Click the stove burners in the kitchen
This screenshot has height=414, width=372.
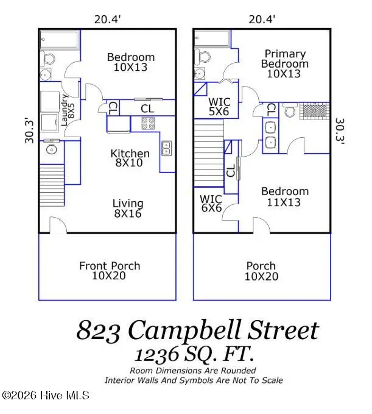point(147,124)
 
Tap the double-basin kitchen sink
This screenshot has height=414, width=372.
point(166,148)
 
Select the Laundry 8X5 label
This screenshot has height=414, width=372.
point(68,111)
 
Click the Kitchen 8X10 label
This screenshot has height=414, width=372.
point(130,159)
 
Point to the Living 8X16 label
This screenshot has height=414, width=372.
point(128,209)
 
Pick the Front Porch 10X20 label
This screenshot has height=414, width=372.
point(110,271)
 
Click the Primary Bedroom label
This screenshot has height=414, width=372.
point(284,63)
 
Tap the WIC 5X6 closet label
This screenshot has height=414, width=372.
point(219,107)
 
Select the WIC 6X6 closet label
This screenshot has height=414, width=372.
point(211,204)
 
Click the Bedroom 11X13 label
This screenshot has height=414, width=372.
point(284,197)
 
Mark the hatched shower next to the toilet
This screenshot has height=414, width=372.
point(315,112)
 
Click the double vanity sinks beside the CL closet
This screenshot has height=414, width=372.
point(270,135)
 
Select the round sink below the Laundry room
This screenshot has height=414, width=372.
point(52,149)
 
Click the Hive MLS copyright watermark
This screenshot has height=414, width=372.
point(46,395)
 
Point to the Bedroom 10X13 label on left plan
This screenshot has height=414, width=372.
point(131,62)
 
